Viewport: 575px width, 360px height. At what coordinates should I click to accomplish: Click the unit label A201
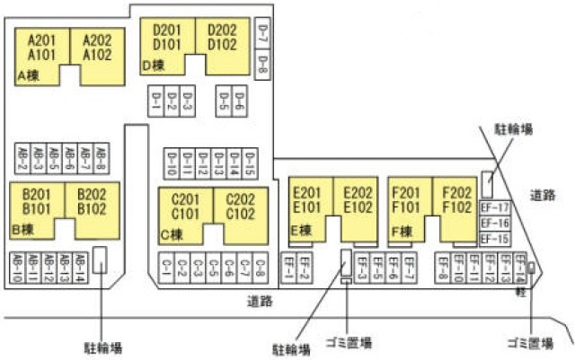point(42,40)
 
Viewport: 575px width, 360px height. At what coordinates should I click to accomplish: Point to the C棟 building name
point(171,234)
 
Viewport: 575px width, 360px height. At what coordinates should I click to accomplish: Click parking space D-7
point(262,33)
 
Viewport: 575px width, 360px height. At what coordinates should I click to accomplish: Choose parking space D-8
point(262,64)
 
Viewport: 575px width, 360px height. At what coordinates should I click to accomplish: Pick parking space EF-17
point(494,207)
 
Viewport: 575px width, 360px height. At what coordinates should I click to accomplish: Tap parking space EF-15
point(494,238)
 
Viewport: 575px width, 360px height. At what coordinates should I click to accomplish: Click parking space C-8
point(259,267)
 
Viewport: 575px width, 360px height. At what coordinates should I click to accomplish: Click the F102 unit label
point(456,207)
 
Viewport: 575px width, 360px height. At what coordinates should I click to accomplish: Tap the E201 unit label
point(306,192)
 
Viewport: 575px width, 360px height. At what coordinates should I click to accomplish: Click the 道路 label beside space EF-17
point(543,195)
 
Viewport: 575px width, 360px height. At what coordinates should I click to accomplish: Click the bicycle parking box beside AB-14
point(101,260)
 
